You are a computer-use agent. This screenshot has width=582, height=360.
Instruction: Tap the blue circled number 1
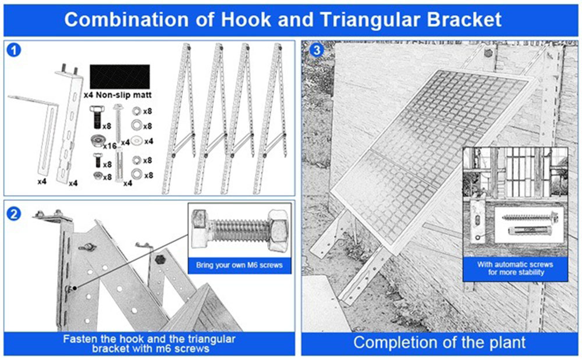pyautogui.click(x=15, y=50)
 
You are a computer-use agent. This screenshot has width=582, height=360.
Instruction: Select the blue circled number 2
pyautogui.click(x=15, y=213)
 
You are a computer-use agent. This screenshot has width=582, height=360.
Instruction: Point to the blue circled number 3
pyautogui.click(x=317, y=50)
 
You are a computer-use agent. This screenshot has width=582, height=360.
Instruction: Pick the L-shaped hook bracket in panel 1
pyautogui.click(x=35, y=134)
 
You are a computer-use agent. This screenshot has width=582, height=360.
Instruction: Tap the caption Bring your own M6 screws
pyautogui.click(x=239, y=265)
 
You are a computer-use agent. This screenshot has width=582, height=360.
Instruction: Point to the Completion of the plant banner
pyautogui.click(x=439, y=342)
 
